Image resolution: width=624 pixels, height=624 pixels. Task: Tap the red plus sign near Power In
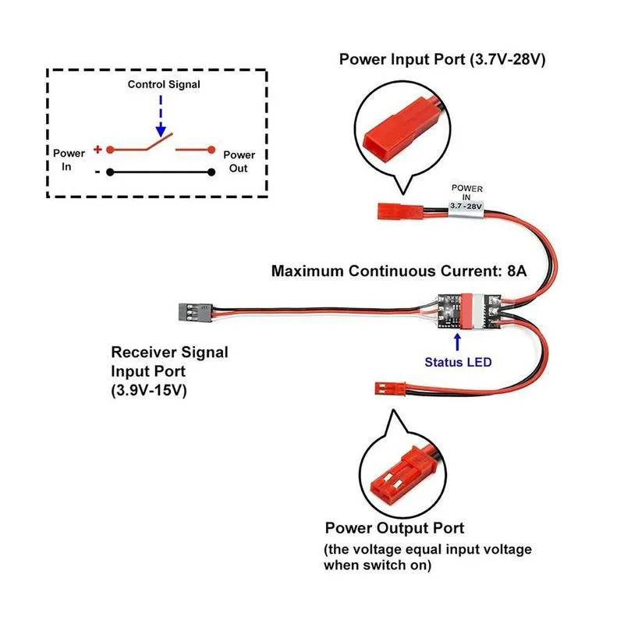click(97, 148)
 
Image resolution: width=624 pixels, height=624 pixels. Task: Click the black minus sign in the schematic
click(97, 171)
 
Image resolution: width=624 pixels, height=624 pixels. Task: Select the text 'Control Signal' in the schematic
click(164, 84)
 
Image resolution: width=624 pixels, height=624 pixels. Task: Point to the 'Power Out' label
click(239, 161)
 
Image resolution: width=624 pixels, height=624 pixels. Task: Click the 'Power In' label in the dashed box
click(69, 161)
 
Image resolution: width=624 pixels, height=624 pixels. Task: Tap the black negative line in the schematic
click(160, 172)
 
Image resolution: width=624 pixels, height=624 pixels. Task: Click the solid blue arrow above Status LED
click(458, 340)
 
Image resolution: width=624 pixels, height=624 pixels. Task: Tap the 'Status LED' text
click(458, 362)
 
